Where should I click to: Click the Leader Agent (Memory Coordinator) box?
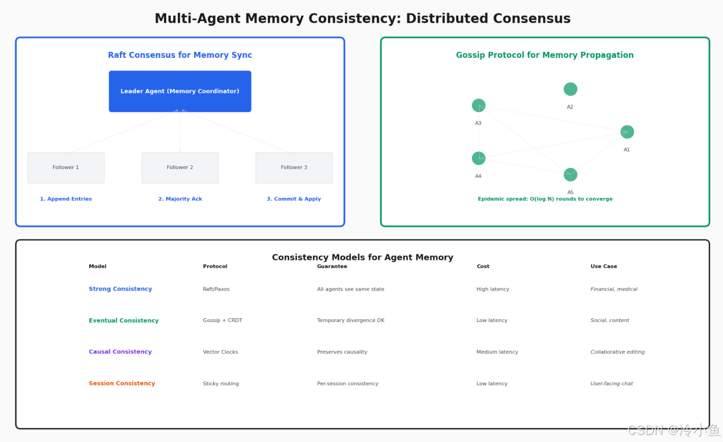180,91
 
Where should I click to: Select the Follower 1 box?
66,168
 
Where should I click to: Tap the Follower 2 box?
180,168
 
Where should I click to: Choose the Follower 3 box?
294,168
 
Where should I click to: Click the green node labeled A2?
570,89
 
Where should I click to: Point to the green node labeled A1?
627,131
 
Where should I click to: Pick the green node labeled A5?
570,175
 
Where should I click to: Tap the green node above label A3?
478,105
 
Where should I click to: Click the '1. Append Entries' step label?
66,199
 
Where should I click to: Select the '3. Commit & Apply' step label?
294,199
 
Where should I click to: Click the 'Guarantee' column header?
332,266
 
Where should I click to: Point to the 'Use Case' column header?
603,266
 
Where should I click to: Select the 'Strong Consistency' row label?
120,289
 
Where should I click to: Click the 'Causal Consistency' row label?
120,352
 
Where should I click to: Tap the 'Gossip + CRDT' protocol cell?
222,320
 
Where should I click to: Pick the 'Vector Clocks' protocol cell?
220,352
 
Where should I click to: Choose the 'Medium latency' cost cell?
497,352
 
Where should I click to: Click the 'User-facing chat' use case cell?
612,383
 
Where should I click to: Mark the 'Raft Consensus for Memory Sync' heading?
180,55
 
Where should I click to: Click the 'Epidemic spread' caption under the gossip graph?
545,199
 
